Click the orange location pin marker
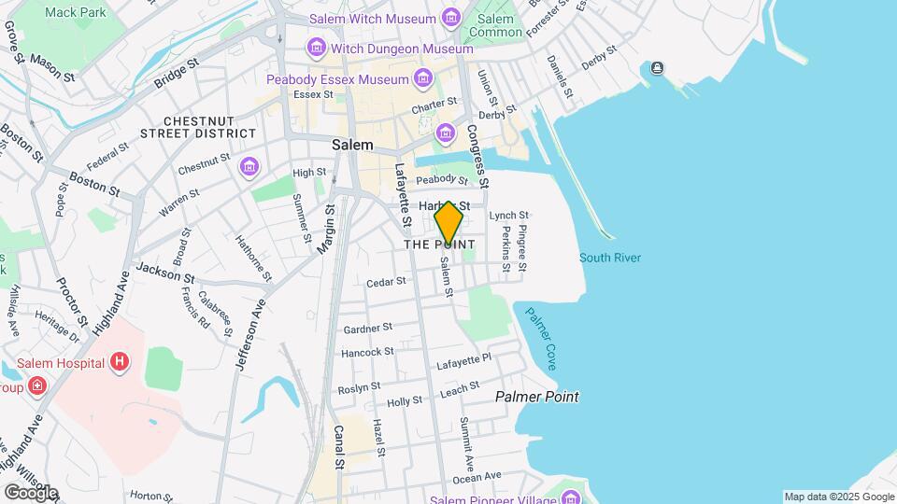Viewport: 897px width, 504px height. (x=448, y=223)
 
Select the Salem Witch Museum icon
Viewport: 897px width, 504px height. (x=452, y=18)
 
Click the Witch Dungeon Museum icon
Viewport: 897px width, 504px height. (x=316, y=48)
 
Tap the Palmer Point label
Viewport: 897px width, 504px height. (x=536, y=397)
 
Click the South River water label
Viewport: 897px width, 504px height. (x=609, y=258)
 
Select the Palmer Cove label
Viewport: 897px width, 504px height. (x=541, y=338)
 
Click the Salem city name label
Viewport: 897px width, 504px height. (x=352, y=146)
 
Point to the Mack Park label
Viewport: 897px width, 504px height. (x=75, y=12)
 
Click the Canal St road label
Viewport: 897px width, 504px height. (x=339, y=448)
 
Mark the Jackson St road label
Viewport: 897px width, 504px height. (x=164, y=272)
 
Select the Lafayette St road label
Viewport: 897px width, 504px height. (x=403, y=196)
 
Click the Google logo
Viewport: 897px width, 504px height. (x=31, y=492)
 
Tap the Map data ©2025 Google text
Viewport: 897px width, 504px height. (x=838, y=497)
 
